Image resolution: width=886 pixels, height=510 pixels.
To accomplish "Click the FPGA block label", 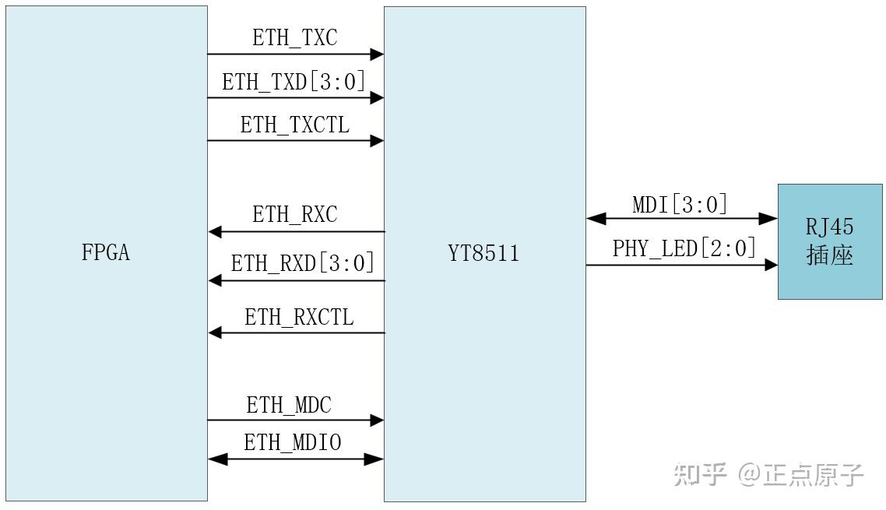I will click(x=105, y=253).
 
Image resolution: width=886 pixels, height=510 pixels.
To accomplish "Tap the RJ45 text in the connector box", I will click(x=830, y=227).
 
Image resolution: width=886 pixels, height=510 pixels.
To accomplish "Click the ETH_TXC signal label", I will click(x=294, y=38).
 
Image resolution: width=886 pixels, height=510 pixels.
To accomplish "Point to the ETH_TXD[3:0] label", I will click(x=294, y=82).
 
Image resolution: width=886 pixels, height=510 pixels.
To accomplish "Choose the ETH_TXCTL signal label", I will click(x=294, y=125).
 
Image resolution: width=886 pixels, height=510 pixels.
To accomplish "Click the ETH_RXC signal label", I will click(x=294, y=215).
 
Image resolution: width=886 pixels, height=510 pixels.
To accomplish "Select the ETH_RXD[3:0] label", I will click(x=302, y=263).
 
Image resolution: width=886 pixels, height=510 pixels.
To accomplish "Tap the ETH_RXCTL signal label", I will click(x=299, y=317).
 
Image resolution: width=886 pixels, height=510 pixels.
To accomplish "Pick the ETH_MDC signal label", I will click(x=289, y=405).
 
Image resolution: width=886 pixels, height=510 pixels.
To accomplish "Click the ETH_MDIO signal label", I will click(x=293, y=443).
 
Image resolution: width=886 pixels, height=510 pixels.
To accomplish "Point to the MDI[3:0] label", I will click(x=680, y=205).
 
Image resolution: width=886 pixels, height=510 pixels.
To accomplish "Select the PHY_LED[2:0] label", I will click(x=684, y=248).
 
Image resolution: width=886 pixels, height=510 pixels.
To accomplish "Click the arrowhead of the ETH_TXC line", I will click(x=377, y=55).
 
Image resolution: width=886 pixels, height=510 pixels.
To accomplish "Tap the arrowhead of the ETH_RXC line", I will click(x=216, y=231).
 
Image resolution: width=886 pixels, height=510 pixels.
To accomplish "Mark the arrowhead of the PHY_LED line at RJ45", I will click(x=771, y=266).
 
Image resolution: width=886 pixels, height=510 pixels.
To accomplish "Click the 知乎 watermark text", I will click(x=700, y=473).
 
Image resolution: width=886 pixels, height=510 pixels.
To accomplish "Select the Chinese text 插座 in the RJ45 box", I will click(x=830, y=255).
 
